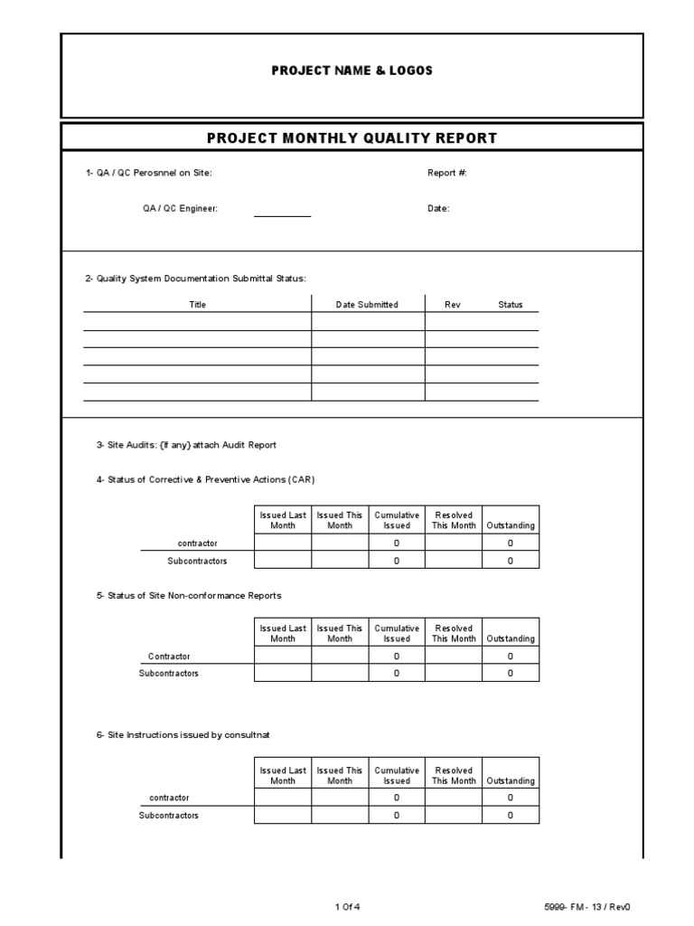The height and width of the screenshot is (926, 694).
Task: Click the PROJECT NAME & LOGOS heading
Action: click(352, 71)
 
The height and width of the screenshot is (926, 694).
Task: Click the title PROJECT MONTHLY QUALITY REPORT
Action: click(352, 138)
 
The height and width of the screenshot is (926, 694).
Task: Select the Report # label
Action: click(446, 172)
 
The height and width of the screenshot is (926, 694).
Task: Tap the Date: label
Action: click(438, 209)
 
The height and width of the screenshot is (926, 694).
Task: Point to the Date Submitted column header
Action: click(367, 305)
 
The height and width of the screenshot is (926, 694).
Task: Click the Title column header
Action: click(197, 305)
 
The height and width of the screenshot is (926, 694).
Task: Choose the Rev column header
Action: click(453, 305)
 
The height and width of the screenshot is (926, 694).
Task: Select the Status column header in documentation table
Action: click(511, 305)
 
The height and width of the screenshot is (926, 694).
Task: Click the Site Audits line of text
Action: click(186, 445)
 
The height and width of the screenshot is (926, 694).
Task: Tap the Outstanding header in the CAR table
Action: click(511, 525)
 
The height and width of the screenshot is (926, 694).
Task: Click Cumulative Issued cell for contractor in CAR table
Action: click(397, 543)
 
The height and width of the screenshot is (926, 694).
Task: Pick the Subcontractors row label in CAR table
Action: click(197, 561)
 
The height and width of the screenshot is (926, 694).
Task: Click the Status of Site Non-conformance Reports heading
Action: click(189, 595)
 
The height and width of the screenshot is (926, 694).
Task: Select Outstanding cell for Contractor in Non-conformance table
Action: click(511, 657)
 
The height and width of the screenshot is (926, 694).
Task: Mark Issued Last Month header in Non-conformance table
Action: click(283, 633)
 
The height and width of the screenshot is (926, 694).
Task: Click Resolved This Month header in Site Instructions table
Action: click(454, 776)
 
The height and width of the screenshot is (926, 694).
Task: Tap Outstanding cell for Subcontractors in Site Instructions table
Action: click(511, 816)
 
